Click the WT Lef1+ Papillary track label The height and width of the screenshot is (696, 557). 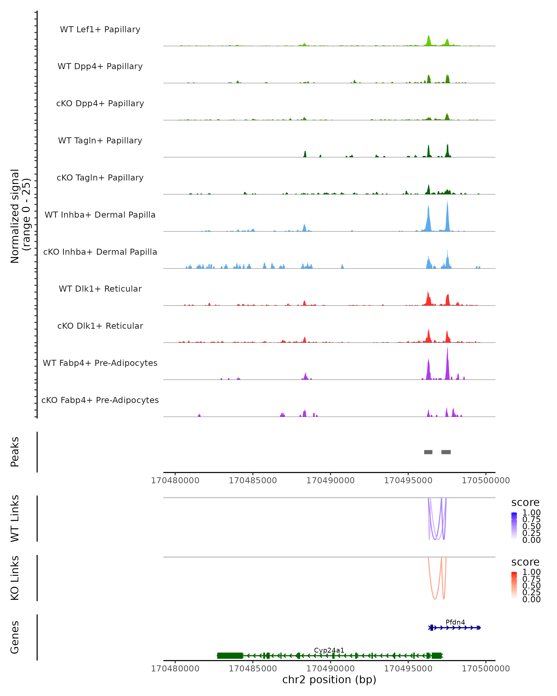100,29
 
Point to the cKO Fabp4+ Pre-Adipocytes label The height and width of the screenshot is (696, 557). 100,400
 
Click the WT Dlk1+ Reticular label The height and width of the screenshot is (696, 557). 100,289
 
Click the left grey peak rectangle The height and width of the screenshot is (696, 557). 428,452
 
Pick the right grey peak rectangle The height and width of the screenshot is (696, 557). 446,452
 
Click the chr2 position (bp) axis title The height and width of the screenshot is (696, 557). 329,680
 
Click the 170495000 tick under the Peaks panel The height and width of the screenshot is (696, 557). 408,480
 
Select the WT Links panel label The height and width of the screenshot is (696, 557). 15,519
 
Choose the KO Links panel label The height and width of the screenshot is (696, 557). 15,578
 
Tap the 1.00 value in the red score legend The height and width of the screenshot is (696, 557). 531,572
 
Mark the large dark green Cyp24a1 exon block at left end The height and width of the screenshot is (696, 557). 230,656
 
